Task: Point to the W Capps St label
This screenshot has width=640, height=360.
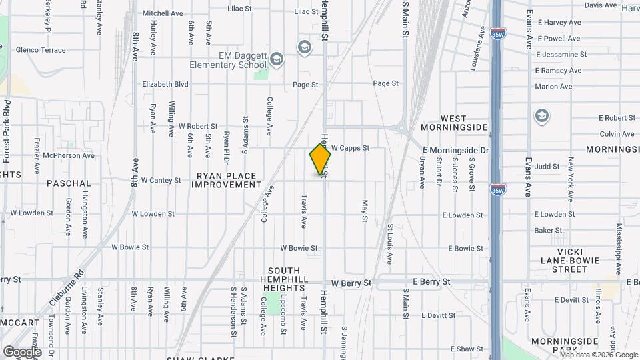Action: click(x=350, y=148)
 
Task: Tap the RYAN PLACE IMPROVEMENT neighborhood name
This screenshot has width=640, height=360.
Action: click(x=226, y=180)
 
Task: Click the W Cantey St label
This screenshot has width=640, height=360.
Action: click(x=161, y=180)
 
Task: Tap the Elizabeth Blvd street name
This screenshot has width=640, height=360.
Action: click(x=165, y=84)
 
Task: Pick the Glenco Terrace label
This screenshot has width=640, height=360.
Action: click(x=41, y=50)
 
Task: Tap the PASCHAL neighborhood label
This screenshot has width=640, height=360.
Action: click(x=69, y=183)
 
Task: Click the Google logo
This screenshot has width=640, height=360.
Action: click(x=22, y=351)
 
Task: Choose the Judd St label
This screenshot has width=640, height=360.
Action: click(x=547, y=166)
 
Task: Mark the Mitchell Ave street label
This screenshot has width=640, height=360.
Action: click(x=163, y=13)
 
